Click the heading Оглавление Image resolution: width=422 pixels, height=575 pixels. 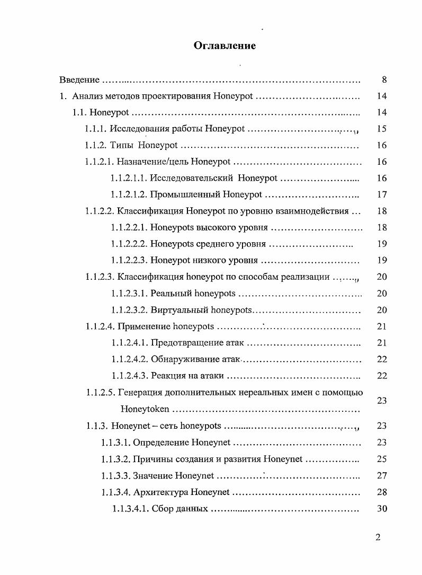(x=225, y=46)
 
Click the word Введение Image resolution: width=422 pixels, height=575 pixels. (x=79, y=80)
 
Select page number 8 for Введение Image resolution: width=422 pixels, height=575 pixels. (x=384, y=80)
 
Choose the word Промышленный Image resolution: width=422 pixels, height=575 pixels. (x=185, y=195)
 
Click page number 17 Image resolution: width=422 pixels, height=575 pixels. (x=382, y=195)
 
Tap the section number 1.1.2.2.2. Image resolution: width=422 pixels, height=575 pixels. (x=129, y=244)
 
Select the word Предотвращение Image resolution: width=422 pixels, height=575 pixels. (x=183, y=343)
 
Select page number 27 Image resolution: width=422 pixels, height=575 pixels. (x=382, y=476)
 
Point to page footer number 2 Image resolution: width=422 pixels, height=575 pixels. (x=378, y=537)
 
